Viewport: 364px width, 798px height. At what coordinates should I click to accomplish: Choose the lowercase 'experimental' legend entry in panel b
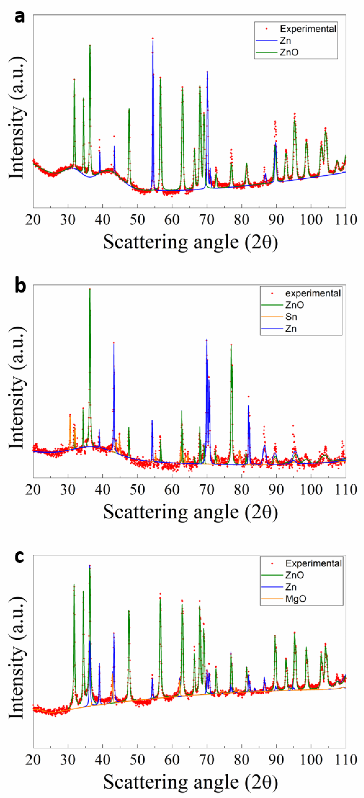[313, 293]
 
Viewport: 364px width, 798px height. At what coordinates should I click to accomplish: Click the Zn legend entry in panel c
[291, 587]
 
